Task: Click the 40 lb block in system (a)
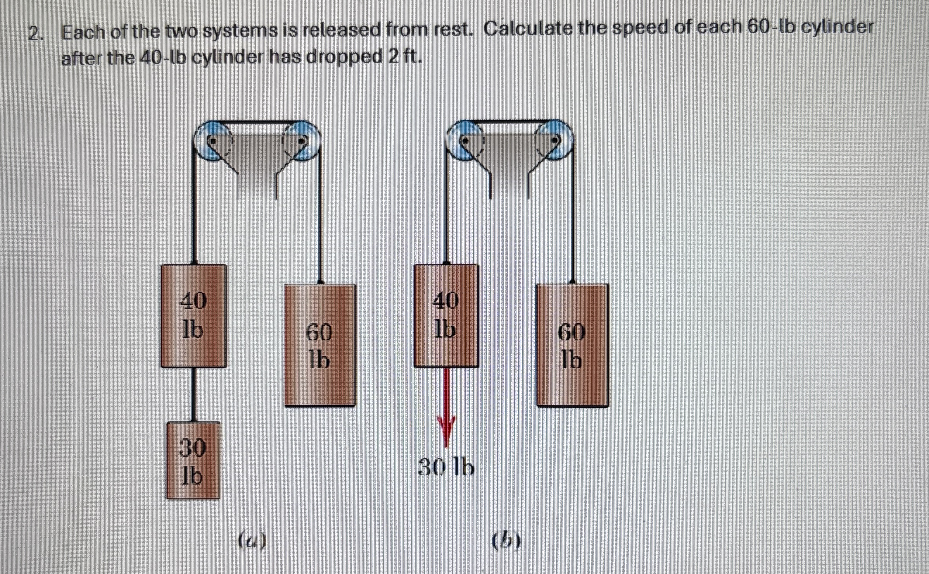(x=193, y=316)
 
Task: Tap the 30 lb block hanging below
(x=193, y=460)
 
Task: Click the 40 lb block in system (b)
(x=446, y=316)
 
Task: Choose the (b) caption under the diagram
(x=506, y=541)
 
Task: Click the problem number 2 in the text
(x=35, y=34)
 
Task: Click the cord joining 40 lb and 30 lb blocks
(x=193, y=394)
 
